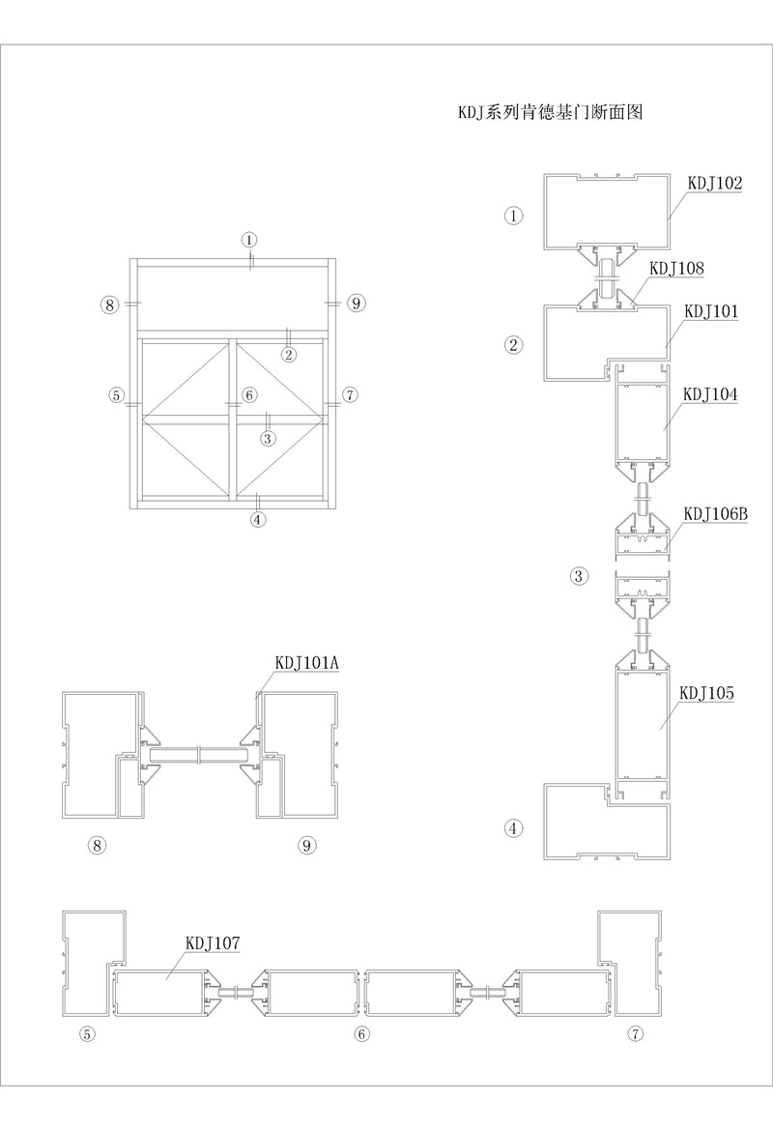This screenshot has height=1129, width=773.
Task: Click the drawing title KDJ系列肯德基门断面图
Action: (x=550, y=112)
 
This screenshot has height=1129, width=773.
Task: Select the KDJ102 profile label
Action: (x=714, y=182)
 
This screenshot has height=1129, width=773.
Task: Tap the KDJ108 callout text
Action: (x=676, y=268)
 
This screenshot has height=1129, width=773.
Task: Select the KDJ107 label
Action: (x=213, y=941)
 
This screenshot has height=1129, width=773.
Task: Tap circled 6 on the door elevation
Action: (x=249, y=394)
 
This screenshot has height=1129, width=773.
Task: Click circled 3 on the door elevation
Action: (x=269, y=437)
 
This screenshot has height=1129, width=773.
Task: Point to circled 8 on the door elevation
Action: (x=109, y=304)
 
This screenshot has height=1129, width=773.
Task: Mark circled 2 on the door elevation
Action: (x=288, y=354)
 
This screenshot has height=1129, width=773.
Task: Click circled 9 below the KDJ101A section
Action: (x=307, y=845)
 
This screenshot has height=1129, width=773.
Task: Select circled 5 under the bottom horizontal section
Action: (x=87, y=1034)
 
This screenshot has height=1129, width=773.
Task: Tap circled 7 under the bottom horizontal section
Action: (x=635, y=1034)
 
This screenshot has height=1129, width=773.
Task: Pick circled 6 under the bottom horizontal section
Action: (x=362, y=1034)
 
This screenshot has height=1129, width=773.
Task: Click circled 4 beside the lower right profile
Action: (x=514, y=827)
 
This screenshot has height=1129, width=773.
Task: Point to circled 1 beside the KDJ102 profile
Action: (x=514, y=216)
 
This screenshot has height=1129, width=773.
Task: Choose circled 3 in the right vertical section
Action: (x=579, y=577)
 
